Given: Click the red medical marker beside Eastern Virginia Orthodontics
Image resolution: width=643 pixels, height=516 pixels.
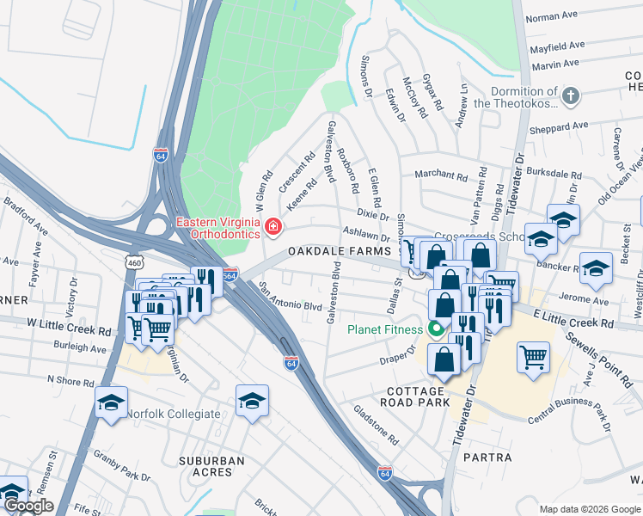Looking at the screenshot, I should click(273, 227).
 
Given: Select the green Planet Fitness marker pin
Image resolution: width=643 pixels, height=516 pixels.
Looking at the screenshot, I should click(436, 329).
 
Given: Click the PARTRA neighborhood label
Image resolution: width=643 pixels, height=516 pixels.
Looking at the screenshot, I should click(487, 458).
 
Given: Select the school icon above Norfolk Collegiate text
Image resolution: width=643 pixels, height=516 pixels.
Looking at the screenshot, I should click(112, 402).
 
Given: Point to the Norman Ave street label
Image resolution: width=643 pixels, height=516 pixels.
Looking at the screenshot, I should click(551, 16).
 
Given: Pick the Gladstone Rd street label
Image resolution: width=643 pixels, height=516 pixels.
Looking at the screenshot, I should click(376, 425).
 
